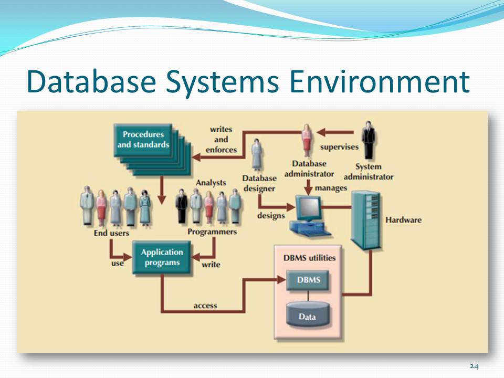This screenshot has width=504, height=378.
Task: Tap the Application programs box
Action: [x=162, y=257]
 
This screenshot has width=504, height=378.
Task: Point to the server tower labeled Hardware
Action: [x=365, y=219]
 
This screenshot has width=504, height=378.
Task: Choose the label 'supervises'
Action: [x=339, y=147]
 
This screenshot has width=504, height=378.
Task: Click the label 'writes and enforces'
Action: [x=221, y=139]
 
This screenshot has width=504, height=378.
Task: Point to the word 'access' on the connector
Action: [x=205, y=306]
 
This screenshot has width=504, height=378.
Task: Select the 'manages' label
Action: [x=331, y=187]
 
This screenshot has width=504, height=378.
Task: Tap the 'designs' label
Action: [x=271, y=215]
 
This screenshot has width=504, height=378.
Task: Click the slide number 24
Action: [x=474, y=366]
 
